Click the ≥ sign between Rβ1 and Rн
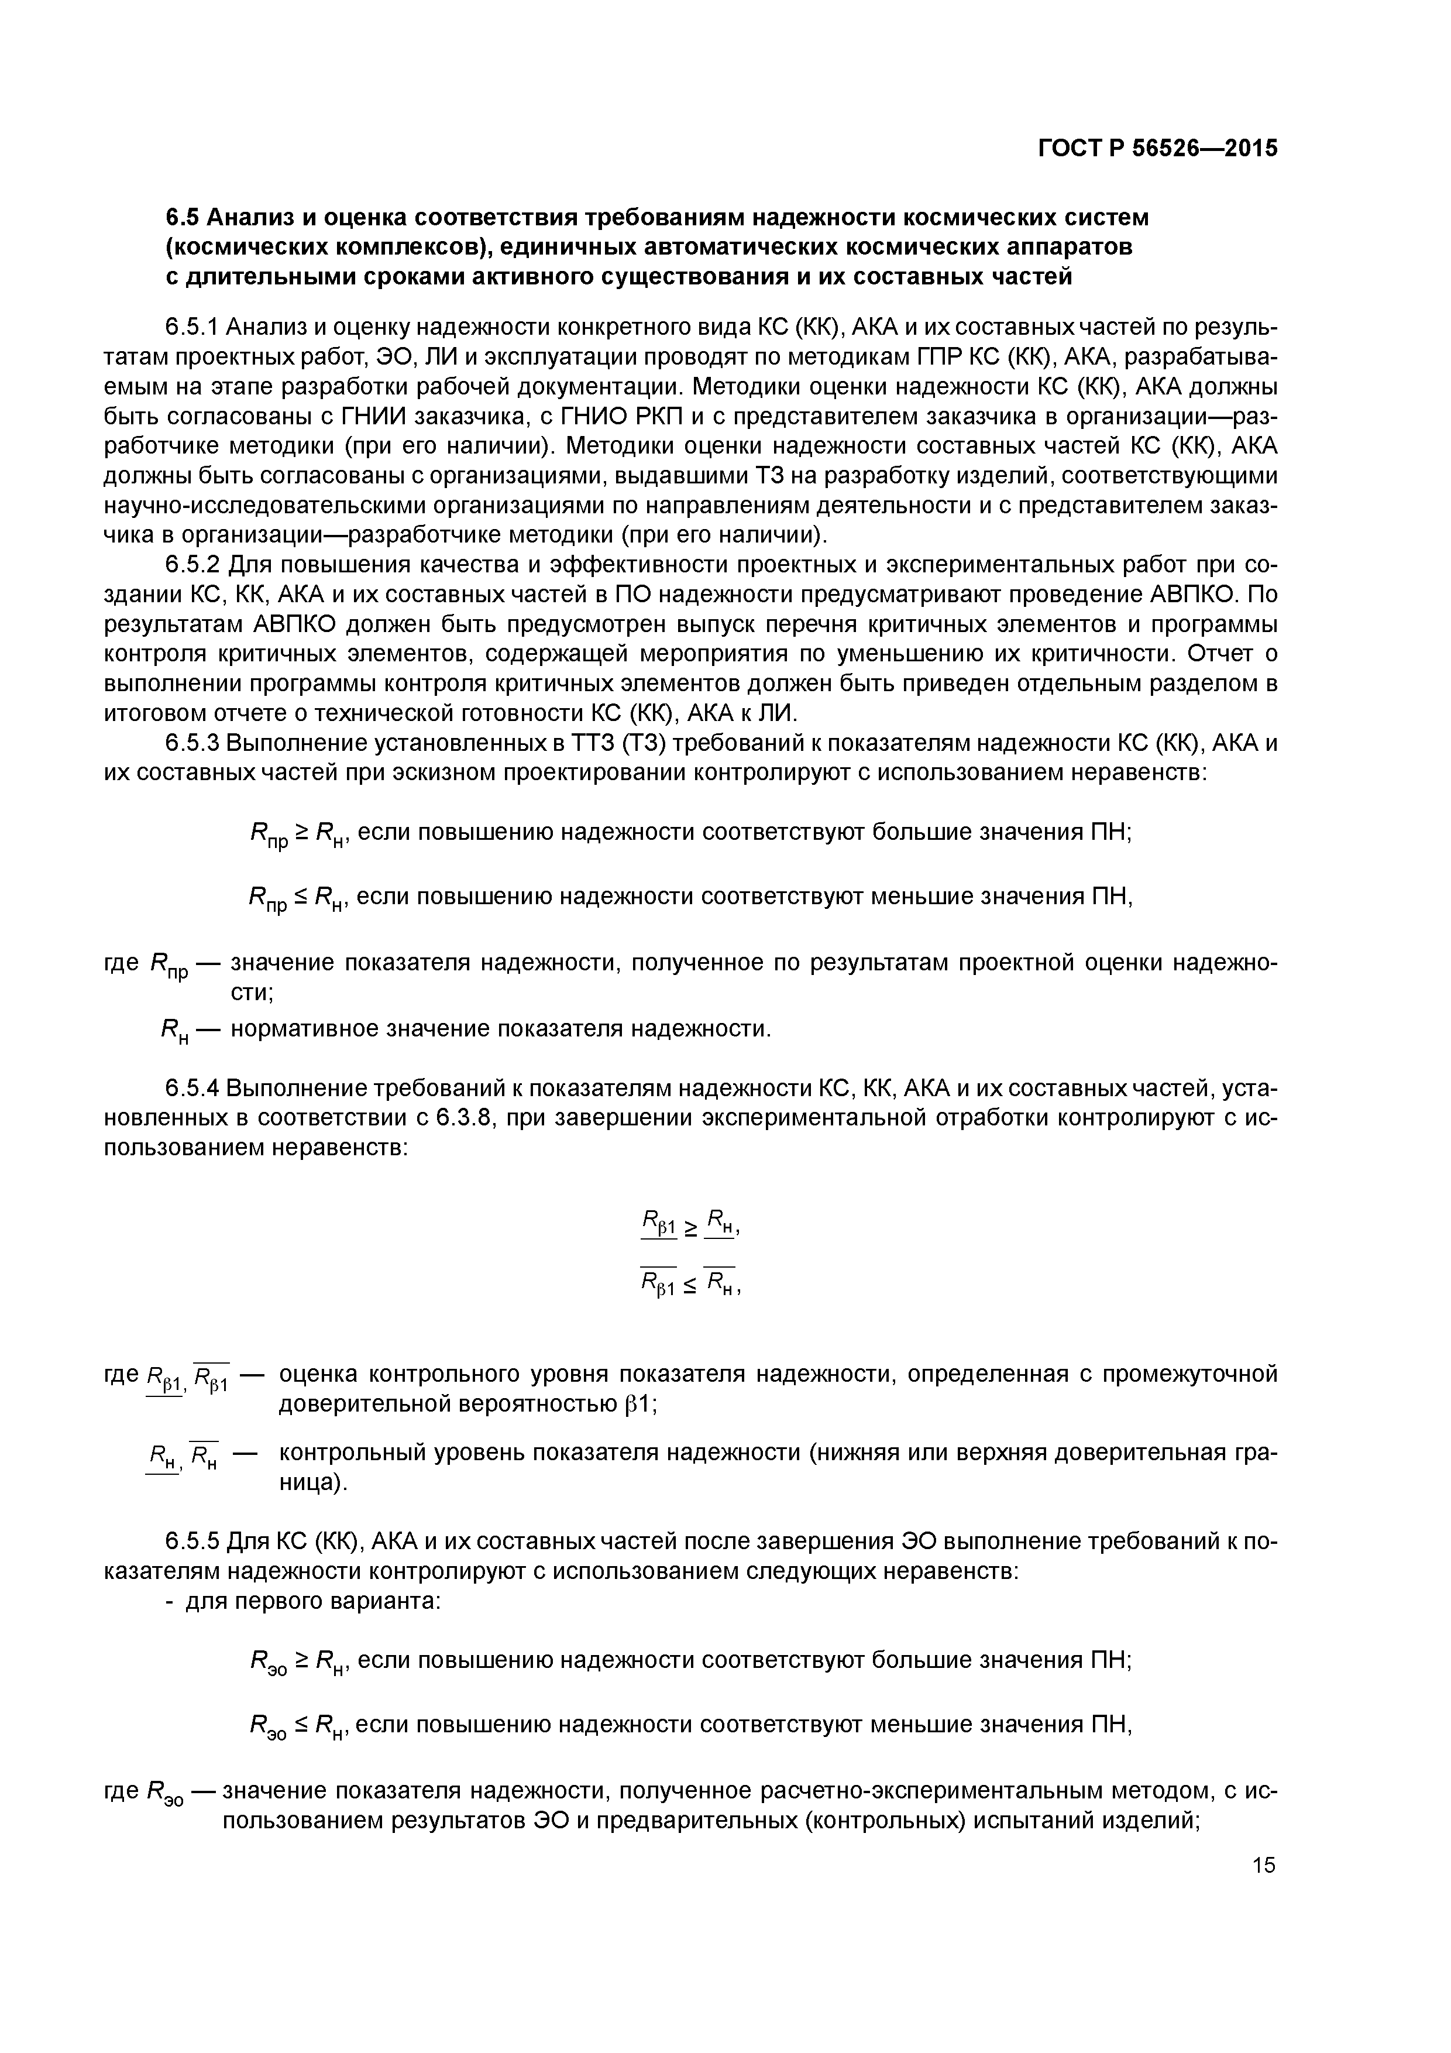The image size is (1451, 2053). click(691, 1230)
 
